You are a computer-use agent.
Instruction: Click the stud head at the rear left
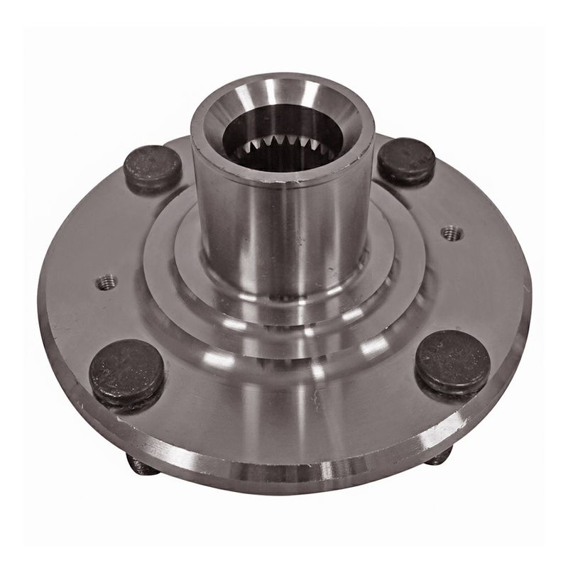click(153, 168)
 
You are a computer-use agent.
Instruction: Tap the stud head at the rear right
click(406, 160)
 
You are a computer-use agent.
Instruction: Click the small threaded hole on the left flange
click(106, 282)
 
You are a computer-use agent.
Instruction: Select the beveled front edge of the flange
click(284, 461)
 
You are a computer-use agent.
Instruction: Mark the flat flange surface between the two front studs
click(284, 412)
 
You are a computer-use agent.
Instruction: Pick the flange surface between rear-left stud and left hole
click(128, 227)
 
